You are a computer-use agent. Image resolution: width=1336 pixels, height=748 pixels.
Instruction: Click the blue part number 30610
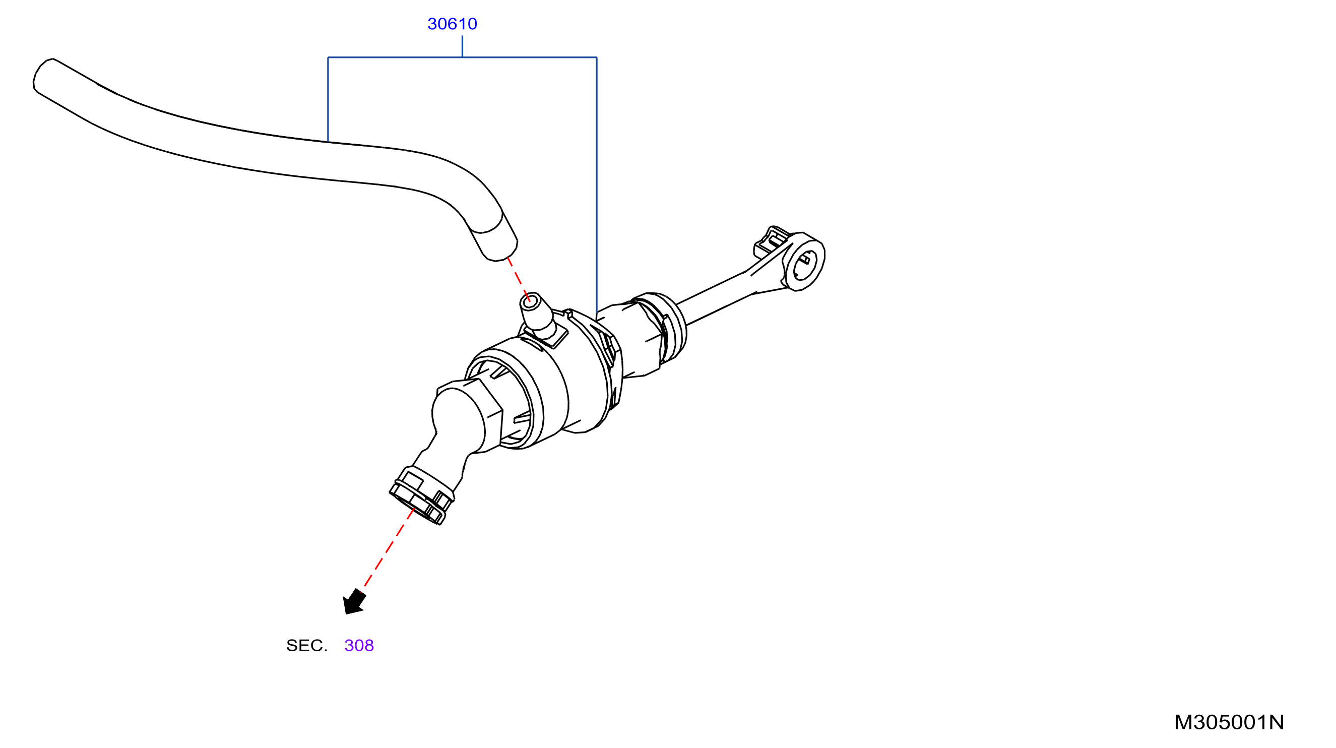[452, 24]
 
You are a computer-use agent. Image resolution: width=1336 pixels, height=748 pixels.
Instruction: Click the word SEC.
[306, 645]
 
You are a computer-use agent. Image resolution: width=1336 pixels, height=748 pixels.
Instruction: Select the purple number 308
[359, 645]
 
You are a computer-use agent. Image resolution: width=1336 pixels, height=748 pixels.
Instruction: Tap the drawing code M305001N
[1229, 722]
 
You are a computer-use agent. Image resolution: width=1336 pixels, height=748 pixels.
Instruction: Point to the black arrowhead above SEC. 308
[354, 602]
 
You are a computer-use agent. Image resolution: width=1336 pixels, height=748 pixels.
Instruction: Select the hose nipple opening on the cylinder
[529, 301]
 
